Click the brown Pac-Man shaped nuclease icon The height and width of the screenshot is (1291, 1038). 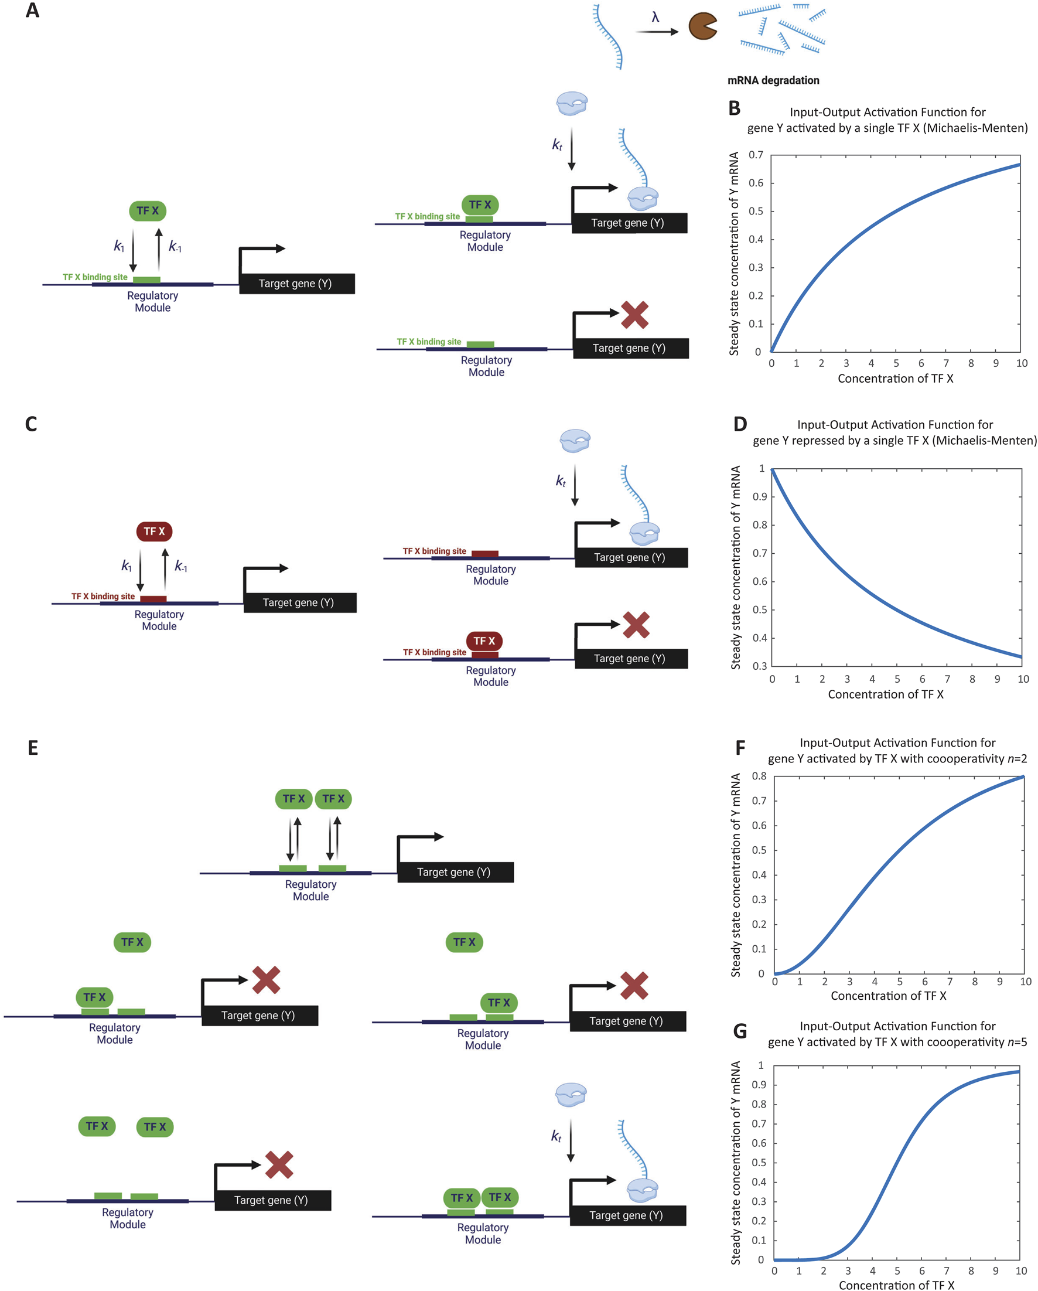click(702, 27)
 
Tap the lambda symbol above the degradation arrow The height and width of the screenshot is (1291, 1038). click(655, 18)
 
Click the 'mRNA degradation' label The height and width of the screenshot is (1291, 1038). click(773, 80)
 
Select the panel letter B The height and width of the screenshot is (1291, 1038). click(735, 108)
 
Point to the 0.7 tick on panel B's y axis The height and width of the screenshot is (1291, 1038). click(756, 155)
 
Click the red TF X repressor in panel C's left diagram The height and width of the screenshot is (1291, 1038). click(154, 531)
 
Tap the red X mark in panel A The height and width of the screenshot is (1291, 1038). click(634, 315)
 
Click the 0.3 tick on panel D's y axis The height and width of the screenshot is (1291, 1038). click(759, 666)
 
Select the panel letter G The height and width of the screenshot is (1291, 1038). click(740, 1031)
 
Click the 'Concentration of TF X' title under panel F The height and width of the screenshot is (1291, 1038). click(889, 996)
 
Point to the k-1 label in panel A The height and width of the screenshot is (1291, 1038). click(175, 246)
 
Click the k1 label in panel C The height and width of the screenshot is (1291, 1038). click(127, 566)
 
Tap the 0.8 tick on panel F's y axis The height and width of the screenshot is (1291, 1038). click(759, 776)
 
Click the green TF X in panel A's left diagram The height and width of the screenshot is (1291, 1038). click(147, 211)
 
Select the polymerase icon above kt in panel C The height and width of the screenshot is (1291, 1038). click(575, 440)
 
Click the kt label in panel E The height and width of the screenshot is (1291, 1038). click(556, 1136)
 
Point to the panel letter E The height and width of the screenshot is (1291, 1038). click(33, 748)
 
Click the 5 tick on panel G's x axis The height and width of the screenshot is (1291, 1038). click(897, 1270)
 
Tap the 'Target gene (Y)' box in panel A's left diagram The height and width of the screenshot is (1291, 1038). click(296, 283)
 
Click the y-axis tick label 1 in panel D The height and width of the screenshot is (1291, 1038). click(762, 468)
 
